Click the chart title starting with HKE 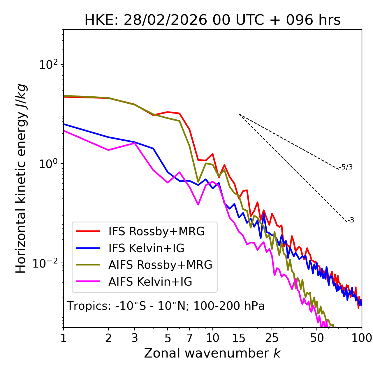tap(212, 20)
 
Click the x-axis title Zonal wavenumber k tap(212, 353)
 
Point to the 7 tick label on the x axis tap(189, 338)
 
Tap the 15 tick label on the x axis tap(239, 338)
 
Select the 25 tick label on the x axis tap(272, 338)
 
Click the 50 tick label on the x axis tap(317, 338)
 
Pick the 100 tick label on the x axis tap(362, 338)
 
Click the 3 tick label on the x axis tap(135, 338)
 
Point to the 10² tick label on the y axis tap(48, 64)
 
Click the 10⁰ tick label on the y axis tap(48, 164)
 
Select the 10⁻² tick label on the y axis tap(47, 263)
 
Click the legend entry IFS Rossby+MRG tap(156, 231)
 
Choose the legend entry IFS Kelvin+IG tap(146, 248)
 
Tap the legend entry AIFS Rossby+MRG tap(160, 265)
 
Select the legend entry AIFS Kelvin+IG tap(150, 282)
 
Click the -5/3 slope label tap(346, 167)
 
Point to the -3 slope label tap(351, 220)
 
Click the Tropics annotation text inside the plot tap(166, 306)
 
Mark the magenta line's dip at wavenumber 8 tap(198, 204)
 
